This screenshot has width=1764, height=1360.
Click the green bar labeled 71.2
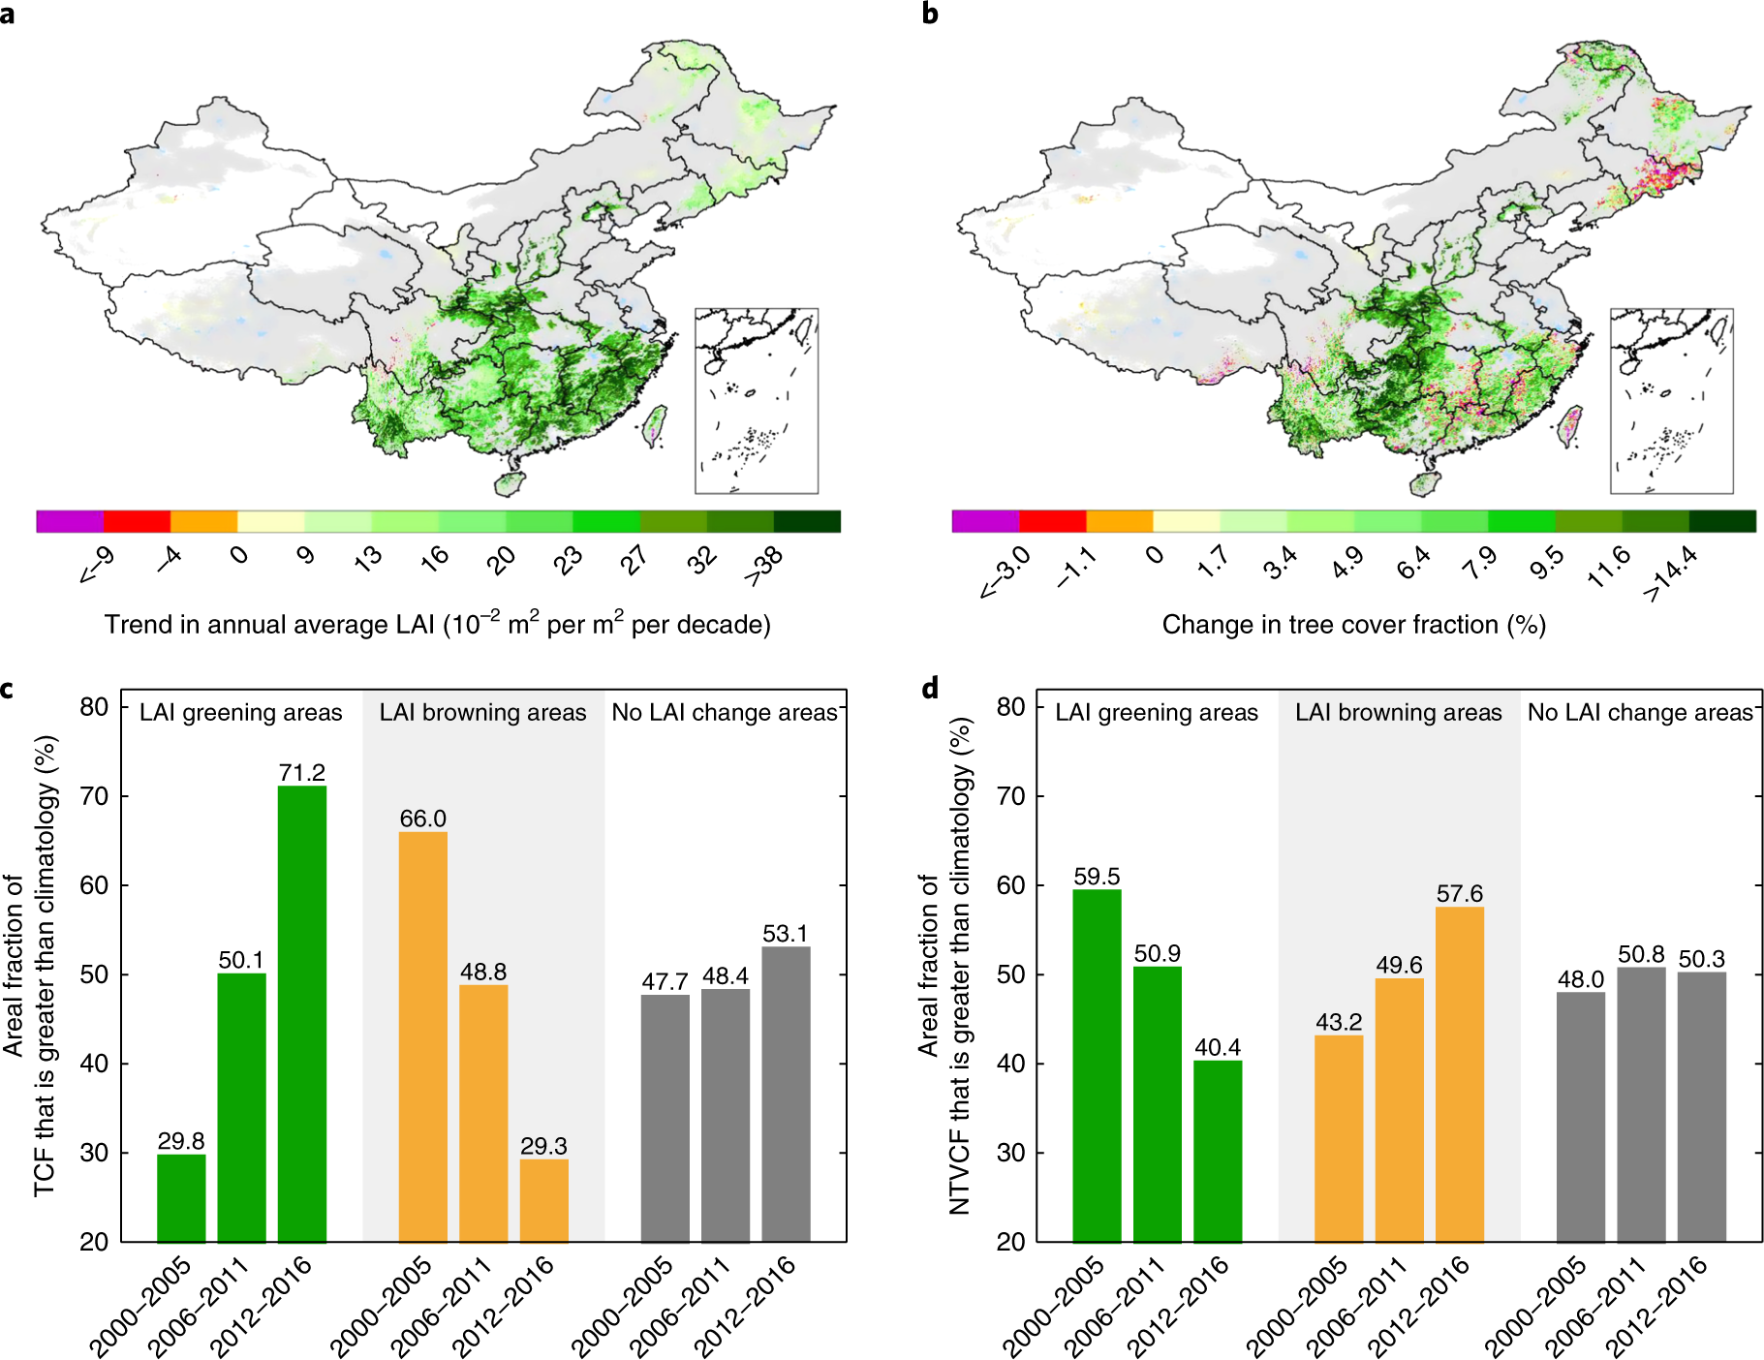click(301, 1012)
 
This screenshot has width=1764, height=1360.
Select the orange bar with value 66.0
click(422, 1036)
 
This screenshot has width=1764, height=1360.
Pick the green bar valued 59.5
click(1097, 1066)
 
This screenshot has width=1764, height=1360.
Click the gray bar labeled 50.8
click(1641, 1104)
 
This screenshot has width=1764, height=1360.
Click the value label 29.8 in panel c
click(181, 1140)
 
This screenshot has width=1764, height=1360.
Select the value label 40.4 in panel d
click(1218, 1047)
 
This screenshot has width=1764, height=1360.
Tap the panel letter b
click(930, 14)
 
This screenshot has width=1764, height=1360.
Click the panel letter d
click(930, 689)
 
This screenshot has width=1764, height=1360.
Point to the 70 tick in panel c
click(94, 796)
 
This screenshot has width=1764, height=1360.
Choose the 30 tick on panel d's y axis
click(1010, 1153)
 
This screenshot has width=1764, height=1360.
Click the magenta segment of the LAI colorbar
click(70, 521)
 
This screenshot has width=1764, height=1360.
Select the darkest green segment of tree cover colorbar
click(1722, 521)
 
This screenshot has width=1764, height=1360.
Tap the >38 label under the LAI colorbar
click(763, 565)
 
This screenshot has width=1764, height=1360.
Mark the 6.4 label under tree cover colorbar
click(1413, 562)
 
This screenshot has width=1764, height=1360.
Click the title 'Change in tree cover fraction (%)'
click(1353, 625)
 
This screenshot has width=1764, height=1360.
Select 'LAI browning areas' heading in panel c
click(482, 713)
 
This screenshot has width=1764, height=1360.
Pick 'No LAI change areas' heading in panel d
click(1640, 713)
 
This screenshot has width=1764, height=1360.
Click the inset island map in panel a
click(757, 400)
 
